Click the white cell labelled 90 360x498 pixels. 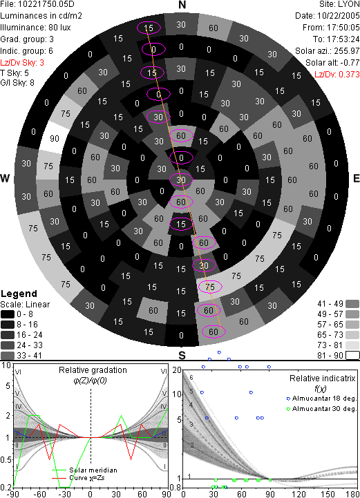[55, 139]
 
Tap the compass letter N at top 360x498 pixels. [182, 5]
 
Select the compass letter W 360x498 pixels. [5, 178]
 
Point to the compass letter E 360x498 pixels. [356, 178]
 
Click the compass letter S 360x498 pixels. [182, 355]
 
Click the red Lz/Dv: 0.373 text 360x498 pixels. [337, 75]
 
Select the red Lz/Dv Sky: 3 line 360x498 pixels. [22, 63]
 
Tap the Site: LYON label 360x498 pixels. [339, 4]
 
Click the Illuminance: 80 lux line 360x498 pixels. [35, 28]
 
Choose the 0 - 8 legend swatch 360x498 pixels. [8, 314]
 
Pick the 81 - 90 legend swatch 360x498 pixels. [352, 356]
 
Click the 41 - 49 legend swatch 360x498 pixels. [352, 304]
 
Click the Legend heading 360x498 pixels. [19, 294]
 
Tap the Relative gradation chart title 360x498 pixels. [93, 370]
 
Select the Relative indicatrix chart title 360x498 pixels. [322, 379]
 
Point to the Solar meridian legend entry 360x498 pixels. [84, 470]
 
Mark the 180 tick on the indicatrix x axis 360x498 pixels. [352, 494]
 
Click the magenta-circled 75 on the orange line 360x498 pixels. [210, 287]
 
